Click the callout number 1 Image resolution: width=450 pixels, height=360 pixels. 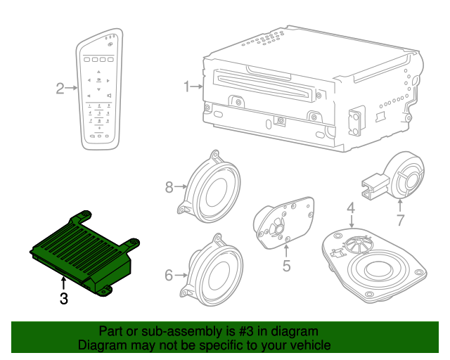(x=187, y=87)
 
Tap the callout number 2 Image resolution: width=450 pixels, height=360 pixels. (x=60, y=88)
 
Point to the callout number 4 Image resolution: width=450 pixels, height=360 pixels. (x=350, y=208)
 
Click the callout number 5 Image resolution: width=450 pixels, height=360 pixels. (x=286, y=266)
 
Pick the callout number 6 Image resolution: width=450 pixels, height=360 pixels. (x=169, y=275)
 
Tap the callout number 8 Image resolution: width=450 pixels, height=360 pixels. (x=169, y=187)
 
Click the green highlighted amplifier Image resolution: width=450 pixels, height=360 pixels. (x=82, y=252)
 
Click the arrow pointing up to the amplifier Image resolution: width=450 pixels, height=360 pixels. (x=64, y=283)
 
